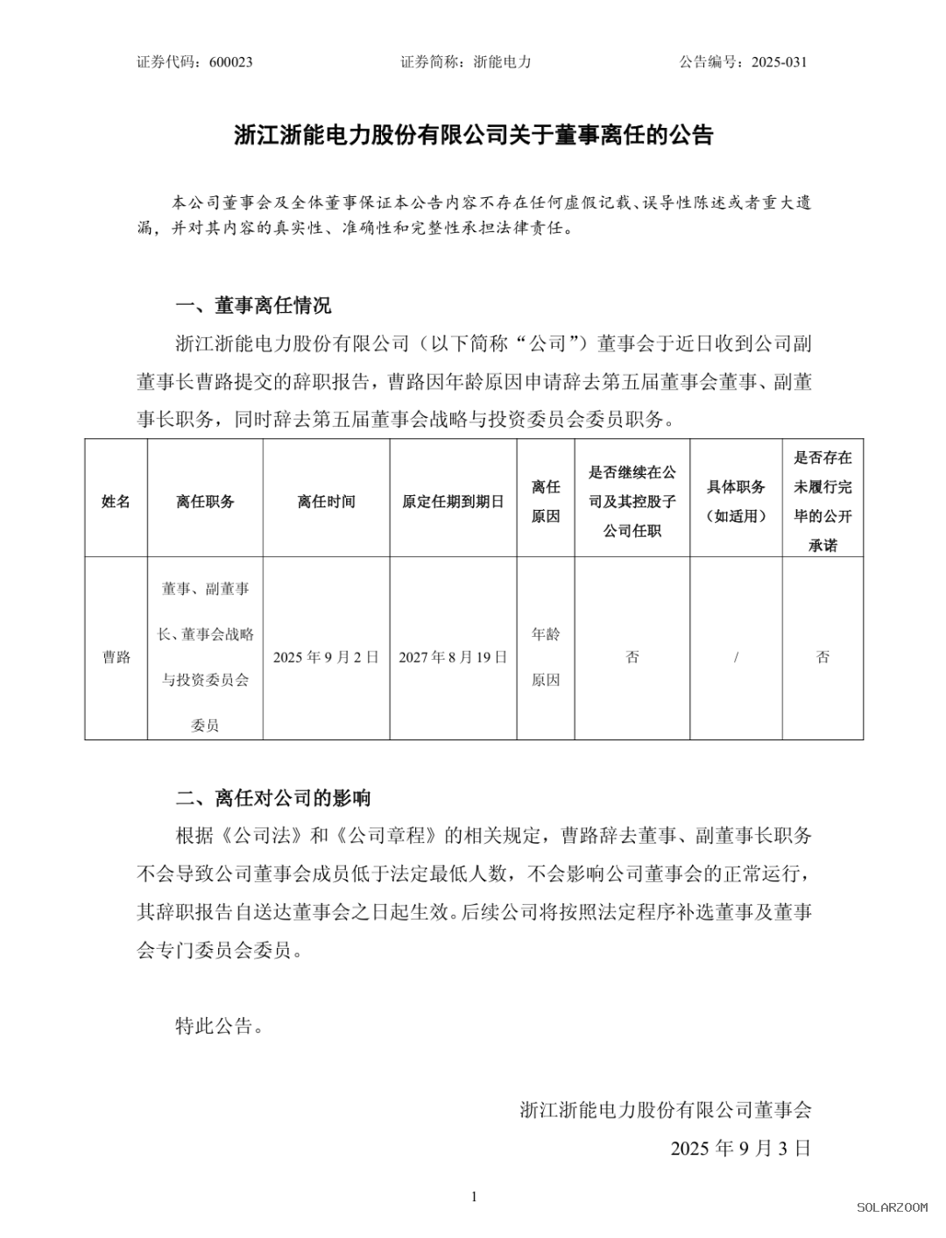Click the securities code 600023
(231, 62)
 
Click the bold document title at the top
(474, 136)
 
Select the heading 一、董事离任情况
(254, 306)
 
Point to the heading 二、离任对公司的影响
(273, 798)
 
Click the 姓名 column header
(116, 501)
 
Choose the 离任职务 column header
(205, 501)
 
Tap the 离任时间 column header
(326, 501)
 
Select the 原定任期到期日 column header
(453, 501)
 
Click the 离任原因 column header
(546, 501)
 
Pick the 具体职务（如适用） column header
(736, 501)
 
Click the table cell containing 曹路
(116, 657)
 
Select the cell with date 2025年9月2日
(326, 657)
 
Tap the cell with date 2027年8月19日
(453, 657)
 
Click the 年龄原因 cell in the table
(546, 657)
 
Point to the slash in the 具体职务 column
(736, 657)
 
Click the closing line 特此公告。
(219, 1026)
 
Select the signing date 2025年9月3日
(741, 1148)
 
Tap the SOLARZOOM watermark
(892, 1207)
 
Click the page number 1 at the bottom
(474, 1197)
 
